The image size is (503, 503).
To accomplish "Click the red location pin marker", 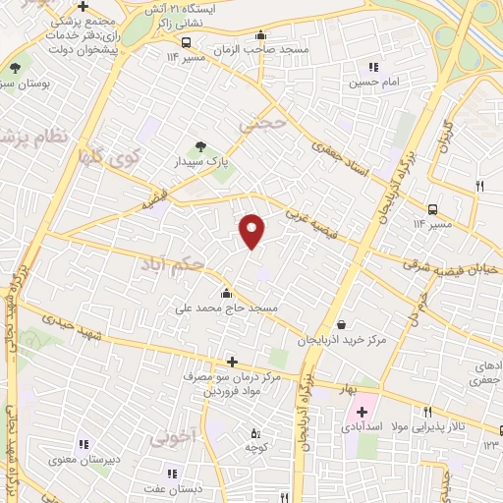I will point(252,229).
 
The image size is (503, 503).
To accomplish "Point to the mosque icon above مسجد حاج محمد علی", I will point(228,292).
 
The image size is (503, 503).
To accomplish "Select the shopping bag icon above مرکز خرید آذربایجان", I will point(340,324).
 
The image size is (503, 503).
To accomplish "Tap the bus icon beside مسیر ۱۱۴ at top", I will point(187,42).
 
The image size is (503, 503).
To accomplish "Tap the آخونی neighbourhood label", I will point(177,437).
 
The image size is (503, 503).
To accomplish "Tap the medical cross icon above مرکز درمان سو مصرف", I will point(232,362).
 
